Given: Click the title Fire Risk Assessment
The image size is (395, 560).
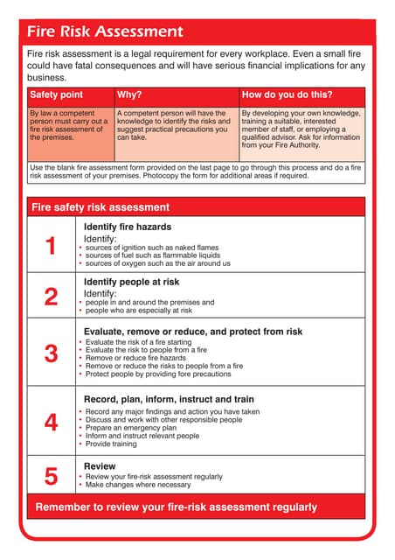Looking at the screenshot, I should (105, 32).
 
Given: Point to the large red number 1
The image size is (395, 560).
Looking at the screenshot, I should (51, 246).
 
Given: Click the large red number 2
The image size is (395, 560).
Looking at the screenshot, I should (51, 297).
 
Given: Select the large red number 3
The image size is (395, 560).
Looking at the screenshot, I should (51, 353).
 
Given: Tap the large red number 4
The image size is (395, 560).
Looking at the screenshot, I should (51, 422).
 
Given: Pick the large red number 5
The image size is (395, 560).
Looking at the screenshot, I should (51, 476).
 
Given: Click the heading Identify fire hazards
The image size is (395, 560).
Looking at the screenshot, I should (128, 227).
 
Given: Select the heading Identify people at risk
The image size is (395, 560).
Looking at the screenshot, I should (131, 282).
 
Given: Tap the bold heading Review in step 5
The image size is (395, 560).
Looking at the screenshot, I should (100, 465).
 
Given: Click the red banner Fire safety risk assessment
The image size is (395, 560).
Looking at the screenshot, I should (100, 207).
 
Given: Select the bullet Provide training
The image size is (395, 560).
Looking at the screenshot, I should (111, 444).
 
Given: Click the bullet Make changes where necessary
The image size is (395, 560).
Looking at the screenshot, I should (137, 485).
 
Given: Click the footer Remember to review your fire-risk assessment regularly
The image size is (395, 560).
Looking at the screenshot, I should (176, 507).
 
